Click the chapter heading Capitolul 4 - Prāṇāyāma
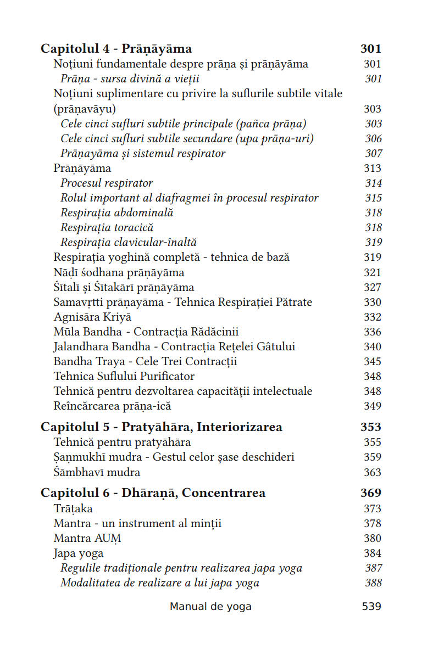pos(116,49)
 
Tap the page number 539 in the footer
pos(371,606)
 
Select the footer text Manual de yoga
pos(210,606)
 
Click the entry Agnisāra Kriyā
pos(92,317)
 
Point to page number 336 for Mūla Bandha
pos(372,332)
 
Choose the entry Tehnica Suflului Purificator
pos(124,376)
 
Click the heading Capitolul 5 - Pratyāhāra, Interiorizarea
pos(162,427)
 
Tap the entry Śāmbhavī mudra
pos(97,472)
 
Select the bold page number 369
pos(371,493)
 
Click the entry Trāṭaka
pos(73,508)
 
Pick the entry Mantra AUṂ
pos(87,538)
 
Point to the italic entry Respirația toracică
pos(107,227)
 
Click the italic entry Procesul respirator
pos(107,183)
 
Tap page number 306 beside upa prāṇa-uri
pos(373,138)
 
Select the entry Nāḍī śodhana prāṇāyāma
pos(119,272)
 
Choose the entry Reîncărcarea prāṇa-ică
pos(113,406)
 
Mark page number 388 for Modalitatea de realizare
pos(373,583)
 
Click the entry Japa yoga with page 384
pos(79,553)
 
